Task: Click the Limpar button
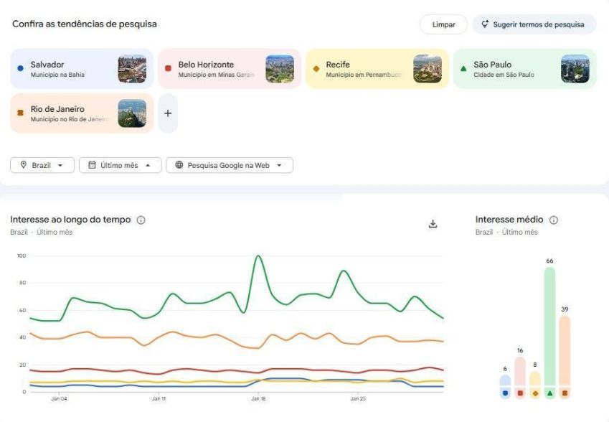(443, 24)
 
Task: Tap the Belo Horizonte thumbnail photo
(279, 69)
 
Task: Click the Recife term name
(338, 65)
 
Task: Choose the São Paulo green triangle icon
(463, 69)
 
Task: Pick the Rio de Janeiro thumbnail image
(132, 113)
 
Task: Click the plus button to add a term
(168, 113)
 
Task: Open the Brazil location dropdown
(42, 165)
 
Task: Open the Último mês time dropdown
(120, 165)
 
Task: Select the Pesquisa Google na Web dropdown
(229, 165)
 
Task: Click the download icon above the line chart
(433, 224)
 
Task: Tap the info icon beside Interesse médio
(554, 220)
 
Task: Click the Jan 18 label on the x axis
(258, 398)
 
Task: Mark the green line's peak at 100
(258, 256)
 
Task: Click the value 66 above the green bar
(549, 261)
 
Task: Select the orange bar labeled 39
(565, 352)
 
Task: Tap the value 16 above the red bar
(520, 351)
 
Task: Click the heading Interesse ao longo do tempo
(70, 220)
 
